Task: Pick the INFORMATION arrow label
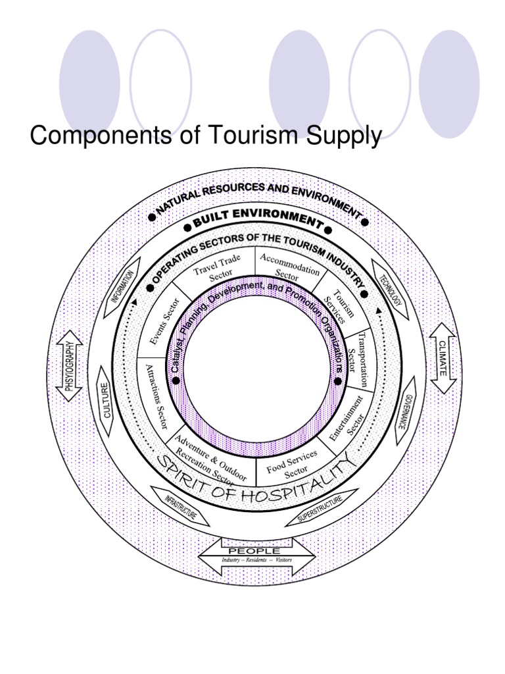point(124,287)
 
